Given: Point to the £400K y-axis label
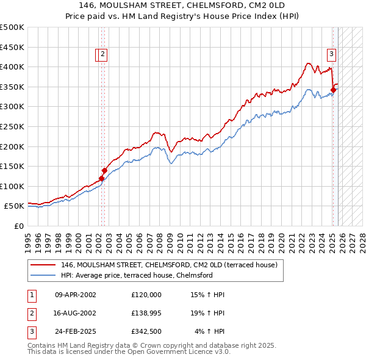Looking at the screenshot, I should coord(12,67).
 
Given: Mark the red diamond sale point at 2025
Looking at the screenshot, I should coord(334,90).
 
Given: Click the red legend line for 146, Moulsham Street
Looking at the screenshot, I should coord(43,265).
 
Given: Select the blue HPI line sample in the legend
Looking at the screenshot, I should coord(43,275).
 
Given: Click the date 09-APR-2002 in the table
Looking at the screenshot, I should coord(75,295).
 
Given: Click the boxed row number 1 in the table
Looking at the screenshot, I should coord(32,295).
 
